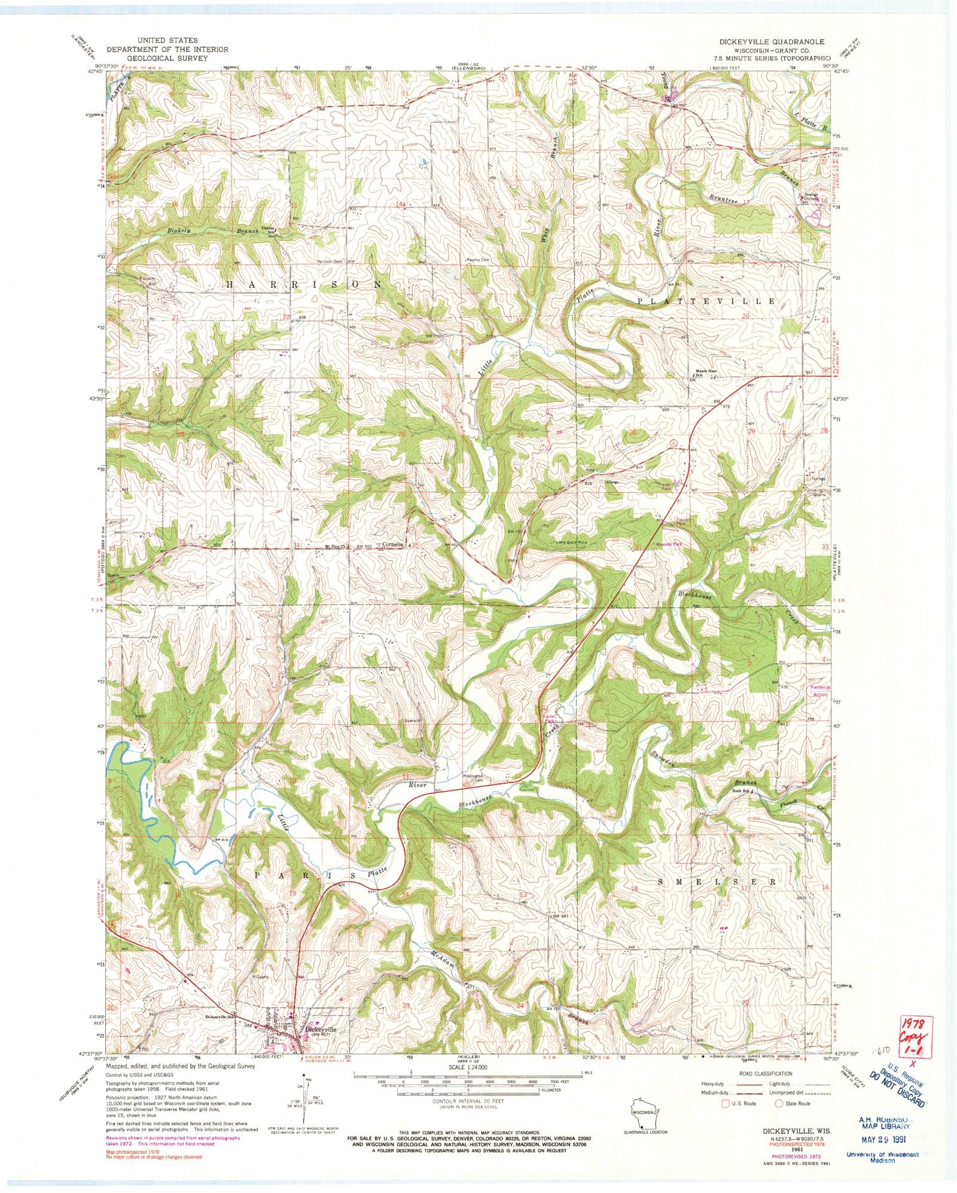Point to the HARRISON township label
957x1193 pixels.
[304, 285]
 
